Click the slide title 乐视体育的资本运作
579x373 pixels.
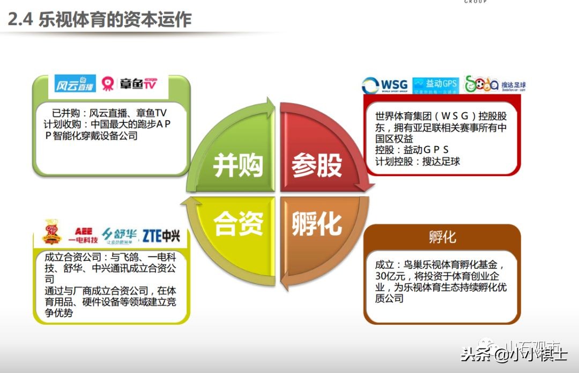100,20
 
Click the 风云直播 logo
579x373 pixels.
76,84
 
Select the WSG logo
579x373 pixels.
385,85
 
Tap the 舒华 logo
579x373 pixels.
119,235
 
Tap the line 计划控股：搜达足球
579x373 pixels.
418,161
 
